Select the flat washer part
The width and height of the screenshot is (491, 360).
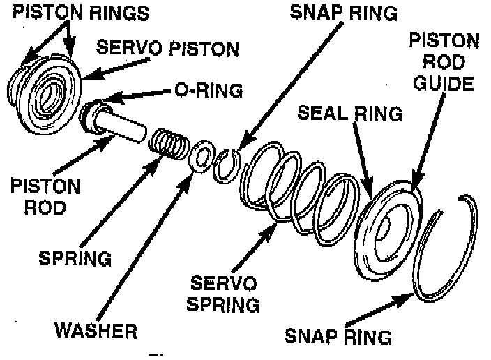click(202, 156)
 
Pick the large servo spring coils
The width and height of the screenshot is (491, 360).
click(300, 188)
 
